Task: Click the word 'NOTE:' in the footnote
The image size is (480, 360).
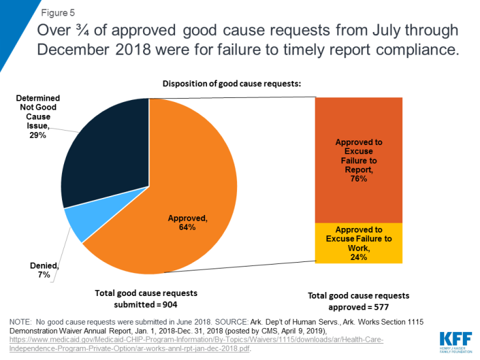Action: (23, 321)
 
